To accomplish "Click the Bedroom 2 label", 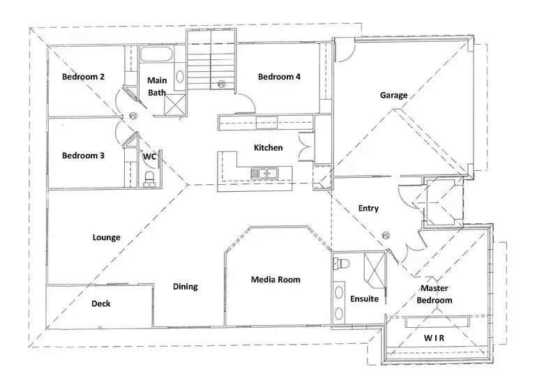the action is point(83,77).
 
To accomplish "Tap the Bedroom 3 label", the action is point(83,156).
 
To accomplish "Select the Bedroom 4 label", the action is point(279,77).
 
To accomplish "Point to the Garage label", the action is point(393,95).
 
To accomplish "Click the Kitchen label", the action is point(268,148).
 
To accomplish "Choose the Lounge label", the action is point(106,237).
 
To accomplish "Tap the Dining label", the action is point(185,286).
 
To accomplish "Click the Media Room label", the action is point(276,280).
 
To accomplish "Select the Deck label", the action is point(101,304).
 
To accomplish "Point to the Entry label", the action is point(368,208).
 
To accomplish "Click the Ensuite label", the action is point(364,299).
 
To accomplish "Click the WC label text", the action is point(149,158).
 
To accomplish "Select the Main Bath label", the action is point(156,86).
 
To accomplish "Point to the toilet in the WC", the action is point(149,180).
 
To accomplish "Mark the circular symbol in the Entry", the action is point(386,236).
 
